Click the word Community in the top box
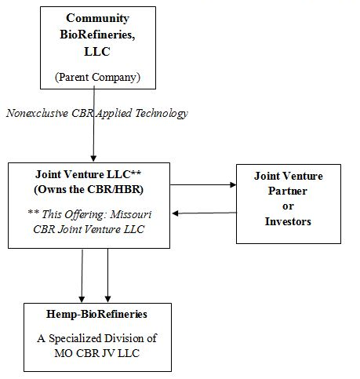pos(97,19)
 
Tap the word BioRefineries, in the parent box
pos(97,35)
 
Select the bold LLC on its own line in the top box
pos(97,51)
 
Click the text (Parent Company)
pos(97,78)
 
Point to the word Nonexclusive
pos(37,113)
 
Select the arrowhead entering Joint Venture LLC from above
pos(93,159)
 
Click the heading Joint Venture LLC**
pos(89,174)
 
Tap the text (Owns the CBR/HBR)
pos(89,189)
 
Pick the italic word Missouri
pos(131,214)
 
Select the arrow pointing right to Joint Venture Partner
pos(203,185)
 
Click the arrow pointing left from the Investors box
pos(204,213)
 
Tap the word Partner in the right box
pos(288,191)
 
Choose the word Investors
pos(288,221)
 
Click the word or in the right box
pos(288,206)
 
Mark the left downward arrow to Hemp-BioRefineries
pos(82,275)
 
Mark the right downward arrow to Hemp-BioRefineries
pos(107,275)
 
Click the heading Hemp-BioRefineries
pos(96,314)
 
